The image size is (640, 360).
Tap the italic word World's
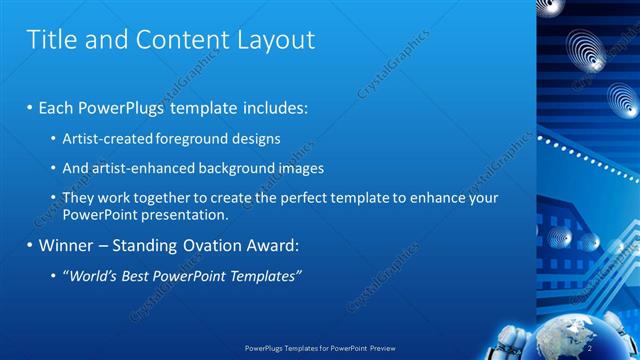(x=93, y=275)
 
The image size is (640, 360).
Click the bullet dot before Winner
(x=29, y=245)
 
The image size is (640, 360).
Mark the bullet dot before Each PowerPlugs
(x=29, y=106)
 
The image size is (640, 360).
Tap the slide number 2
(x=590, y=347)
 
